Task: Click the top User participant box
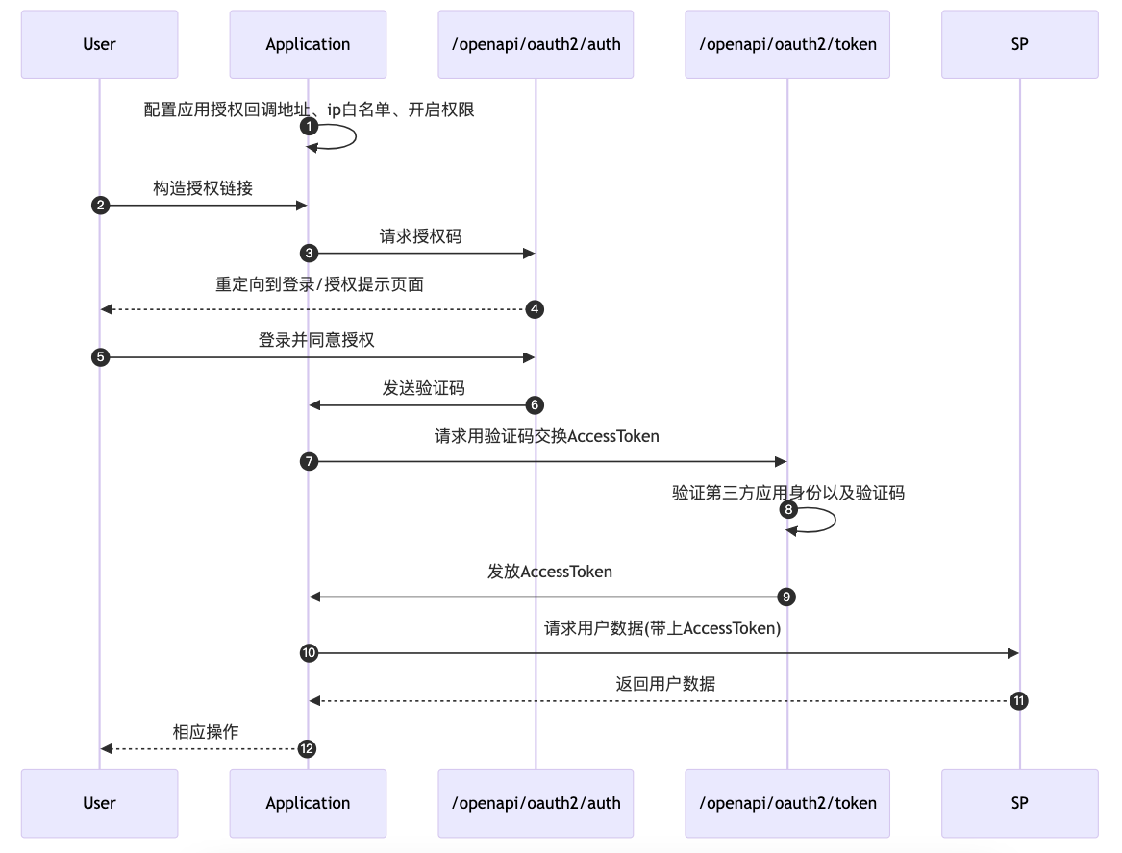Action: (99, 44)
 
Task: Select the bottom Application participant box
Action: (308, 803)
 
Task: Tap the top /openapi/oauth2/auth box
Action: (536, 44)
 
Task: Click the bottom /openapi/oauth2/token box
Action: (787, 803)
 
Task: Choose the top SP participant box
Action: (1019, 44)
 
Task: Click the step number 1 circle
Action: (308, 127)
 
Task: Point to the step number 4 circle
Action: (536, 309)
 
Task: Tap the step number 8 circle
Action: (787, 509)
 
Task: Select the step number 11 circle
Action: (1019, 701)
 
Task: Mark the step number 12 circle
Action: (308, 749)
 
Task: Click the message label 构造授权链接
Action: (203, 188)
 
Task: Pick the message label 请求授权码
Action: (420, 236)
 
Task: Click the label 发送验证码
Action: (423, 388)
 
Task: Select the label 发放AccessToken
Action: (549, 572)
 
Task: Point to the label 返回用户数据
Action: (665, 684)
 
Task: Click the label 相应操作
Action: (206, 732)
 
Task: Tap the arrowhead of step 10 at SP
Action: (1012, 653)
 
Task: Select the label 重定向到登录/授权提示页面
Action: (319, 284)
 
